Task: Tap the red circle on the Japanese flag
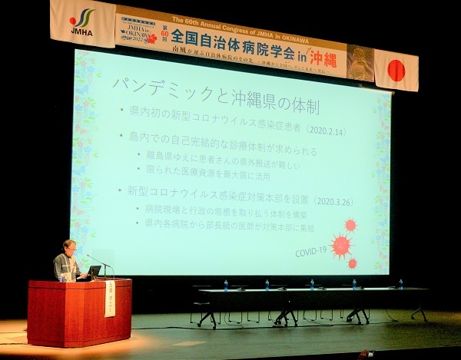[396, 71]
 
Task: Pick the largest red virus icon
[340, 245]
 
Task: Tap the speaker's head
[69, 247]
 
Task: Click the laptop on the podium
[94, 272]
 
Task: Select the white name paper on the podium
[109, 298]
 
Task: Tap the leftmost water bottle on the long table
[225, 285]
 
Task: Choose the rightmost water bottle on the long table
[400, 284]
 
